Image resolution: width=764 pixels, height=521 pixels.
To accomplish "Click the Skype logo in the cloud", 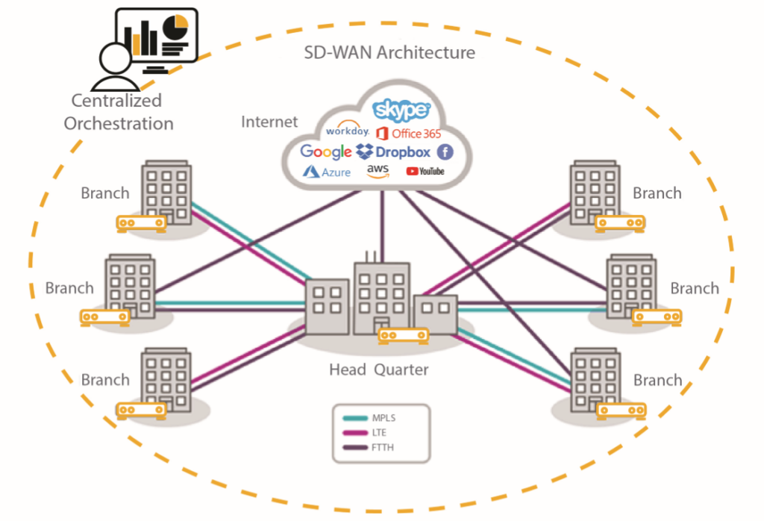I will coord(401,111).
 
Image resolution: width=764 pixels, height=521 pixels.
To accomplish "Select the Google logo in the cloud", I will coord(325,152).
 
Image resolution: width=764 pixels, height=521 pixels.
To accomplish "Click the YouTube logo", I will coord(425,172).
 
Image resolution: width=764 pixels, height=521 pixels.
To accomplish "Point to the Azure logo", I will coord(326,172).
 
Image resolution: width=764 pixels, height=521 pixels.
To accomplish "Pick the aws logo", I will coord(378,171).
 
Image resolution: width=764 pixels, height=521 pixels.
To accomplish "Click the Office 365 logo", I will coord(409,133).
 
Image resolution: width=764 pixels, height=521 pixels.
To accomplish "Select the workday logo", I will coord(348,131).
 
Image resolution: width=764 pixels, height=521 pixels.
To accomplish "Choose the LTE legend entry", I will coord(378,432).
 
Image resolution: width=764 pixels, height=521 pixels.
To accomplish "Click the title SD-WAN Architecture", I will coord(389,53).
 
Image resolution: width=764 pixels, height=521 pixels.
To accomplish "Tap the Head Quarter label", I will coord(379,369).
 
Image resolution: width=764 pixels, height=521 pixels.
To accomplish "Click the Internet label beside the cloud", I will coord(269,122).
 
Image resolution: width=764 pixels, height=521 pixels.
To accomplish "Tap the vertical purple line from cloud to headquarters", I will coord(383,224).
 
